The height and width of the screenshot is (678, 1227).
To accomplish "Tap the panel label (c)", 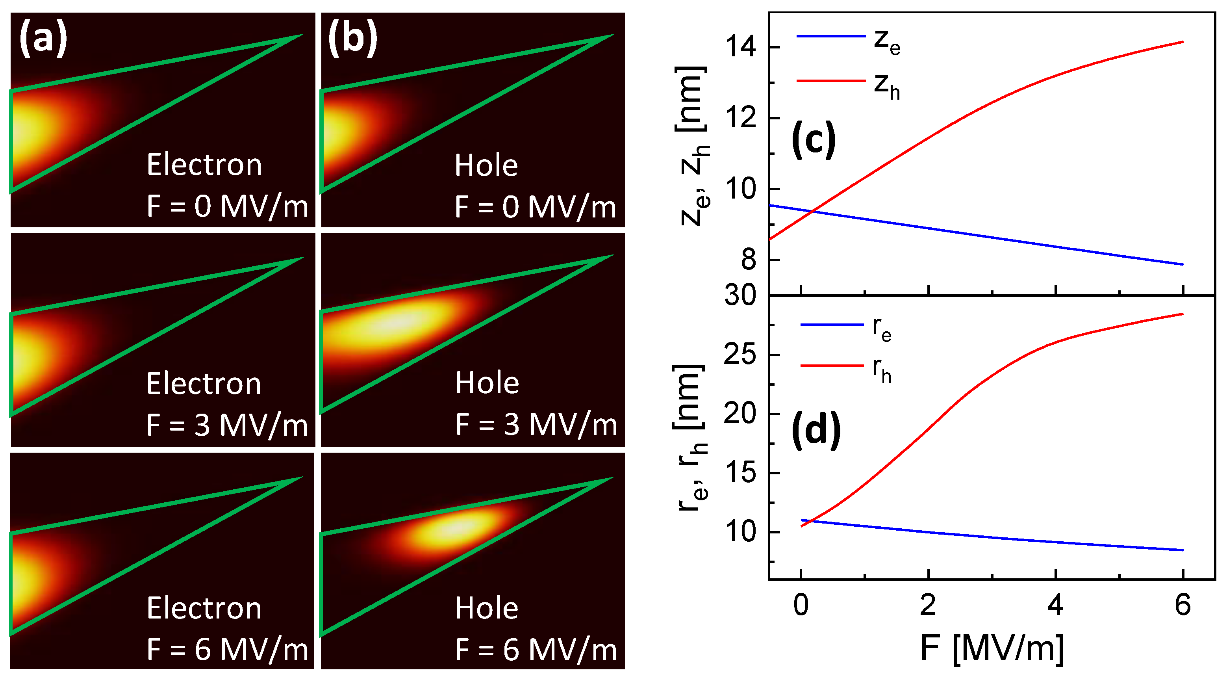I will pyautogui.click(x=814, y=139).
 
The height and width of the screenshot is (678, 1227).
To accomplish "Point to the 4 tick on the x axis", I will pyautogui.click(x=1056, y=605).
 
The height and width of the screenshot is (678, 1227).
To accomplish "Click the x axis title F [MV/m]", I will pyautogui.click(x=992, y=648).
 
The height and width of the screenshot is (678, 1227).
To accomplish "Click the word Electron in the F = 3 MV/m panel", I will pyautogui.click(x=204, y=384).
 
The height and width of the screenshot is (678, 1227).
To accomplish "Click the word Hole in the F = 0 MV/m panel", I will pyautogui.click(x=486, y=165).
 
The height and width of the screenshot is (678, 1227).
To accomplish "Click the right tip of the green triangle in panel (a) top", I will pyautogui.click(x=301, y=35).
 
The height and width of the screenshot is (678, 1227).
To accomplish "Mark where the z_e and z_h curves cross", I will pyautogui.click(x=814, y=211).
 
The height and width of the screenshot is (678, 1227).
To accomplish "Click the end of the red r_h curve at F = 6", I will pyautogui.click(x=1183, y=314).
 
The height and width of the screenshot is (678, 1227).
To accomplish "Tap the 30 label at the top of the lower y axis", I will pyautogui.click(x=740, y=296).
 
